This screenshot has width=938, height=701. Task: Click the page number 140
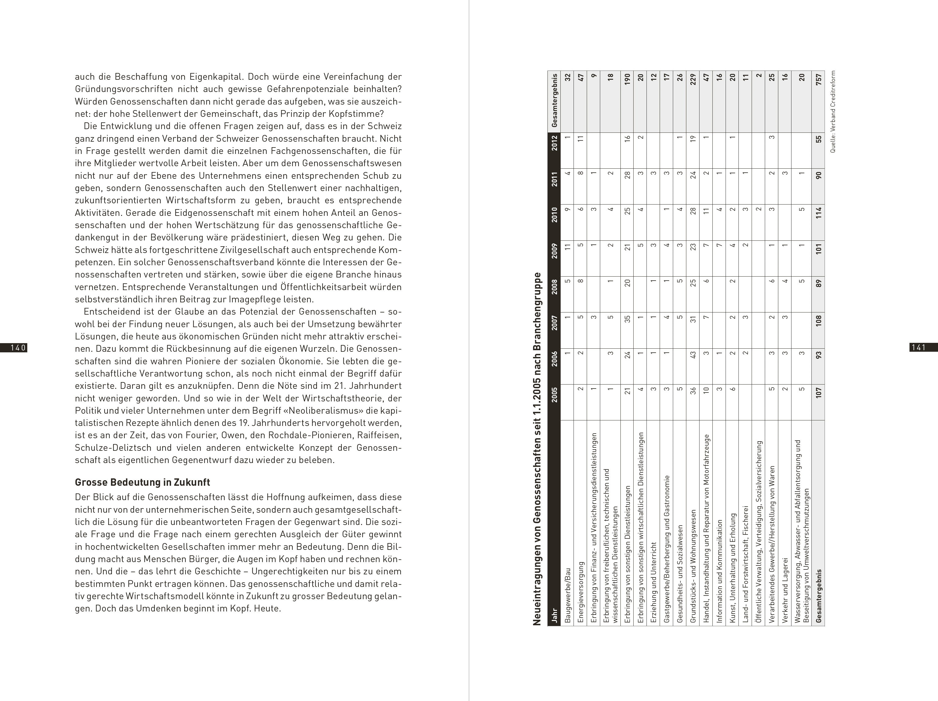(x=18, y=347)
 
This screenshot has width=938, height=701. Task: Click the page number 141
(x=918, y=347)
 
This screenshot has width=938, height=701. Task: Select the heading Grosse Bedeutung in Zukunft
(x=143, y=482)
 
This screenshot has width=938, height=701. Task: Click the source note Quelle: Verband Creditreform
(x=833, y=112)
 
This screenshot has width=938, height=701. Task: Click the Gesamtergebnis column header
(x=554, y=100)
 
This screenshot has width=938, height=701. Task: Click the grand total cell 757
(x=818, y=80)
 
